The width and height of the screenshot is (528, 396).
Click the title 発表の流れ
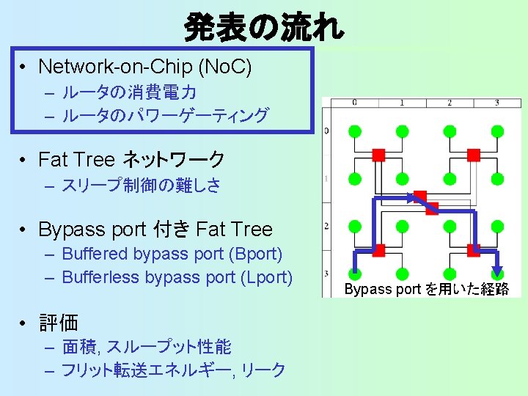[x=263, y=28]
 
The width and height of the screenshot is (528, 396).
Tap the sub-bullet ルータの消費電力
[x=128, y=93]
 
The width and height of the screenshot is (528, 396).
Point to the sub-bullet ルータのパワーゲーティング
[x=165, y=115]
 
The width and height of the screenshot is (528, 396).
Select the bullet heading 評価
[x=58, y=322]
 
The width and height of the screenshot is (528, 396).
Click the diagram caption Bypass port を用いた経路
[x=427, y=289]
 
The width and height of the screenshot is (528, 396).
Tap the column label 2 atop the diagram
[x=450, y=103]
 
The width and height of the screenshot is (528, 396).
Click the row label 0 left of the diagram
[x=326, y=131]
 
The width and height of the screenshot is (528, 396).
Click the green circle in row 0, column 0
[x=354, y=131]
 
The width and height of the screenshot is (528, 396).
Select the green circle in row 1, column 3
[x=497, y=178]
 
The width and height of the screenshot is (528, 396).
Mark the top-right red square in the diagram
[x=473, y=155]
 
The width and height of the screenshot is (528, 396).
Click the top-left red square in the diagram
[x=378, y=155]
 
